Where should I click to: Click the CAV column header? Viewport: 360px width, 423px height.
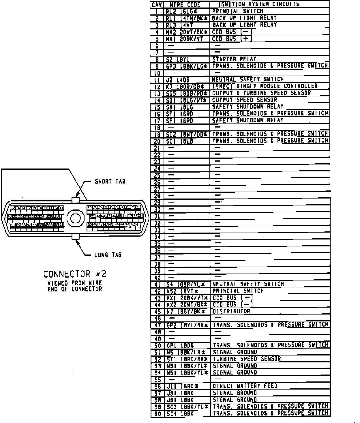click(157, 5)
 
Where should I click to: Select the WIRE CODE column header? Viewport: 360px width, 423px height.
click(187, 5)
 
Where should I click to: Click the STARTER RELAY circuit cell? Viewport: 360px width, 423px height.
click(234, 59)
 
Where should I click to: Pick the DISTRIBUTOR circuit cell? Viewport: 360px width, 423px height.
click(231, 311)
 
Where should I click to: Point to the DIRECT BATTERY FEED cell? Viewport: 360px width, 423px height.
click(245, 386)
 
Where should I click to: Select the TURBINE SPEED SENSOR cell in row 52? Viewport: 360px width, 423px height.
click(247, 359)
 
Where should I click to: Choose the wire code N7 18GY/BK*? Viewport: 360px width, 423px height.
click(185, 312)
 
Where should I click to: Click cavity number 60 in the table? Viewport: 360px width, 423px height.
click(157, 413)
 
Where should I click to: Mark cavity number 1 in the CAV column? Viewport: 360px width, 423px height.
click(157, 12)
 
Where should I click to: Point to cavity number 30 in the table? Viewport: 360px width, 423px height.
click(157, 209)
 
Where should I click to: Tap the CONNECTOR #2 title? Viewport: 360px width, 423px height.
click(73, 274)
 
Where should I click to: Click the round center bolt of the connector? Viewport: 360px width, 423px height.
click(76, 218)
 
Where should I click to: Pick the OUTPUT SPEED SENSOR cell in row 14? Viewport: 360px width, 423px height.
click(244, 100)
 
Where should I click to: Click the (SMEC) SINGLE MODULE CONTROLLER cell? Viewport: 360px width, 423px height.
click(265, 86)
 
